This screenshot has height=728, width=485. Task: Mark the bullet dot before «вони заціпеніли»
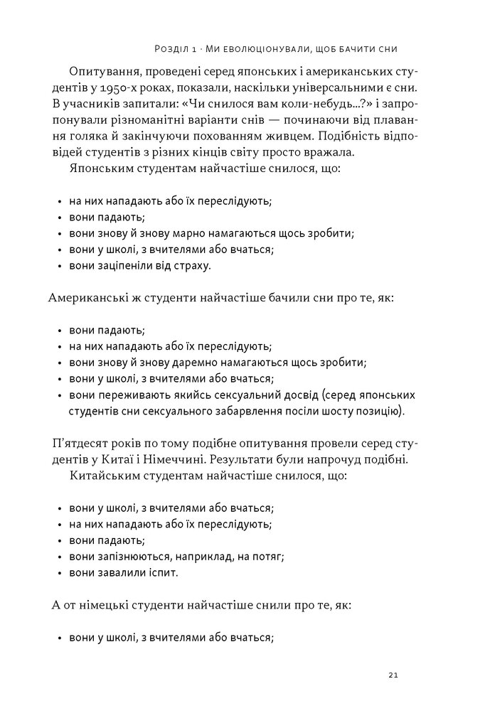[x=58, y=266]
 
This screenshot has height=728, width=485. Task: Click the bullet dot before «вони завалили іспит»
[x=58, y=573]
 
